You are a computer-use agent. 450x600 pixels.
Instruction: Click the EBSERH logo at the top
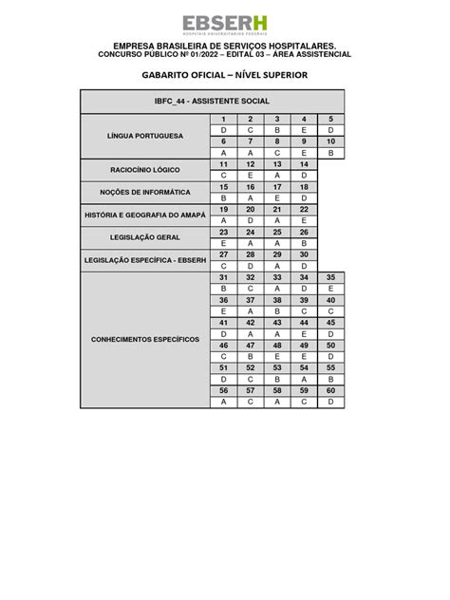(224, 25)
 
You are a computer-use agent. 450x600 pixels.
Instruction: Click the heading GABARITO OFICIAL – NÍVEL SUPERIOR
(224, 74)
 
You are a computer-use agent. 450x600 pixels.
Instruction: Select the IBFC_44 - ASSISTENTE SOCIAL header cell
(212, 101)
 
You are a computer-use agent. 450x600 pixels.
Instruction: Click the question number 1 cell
(223, 119)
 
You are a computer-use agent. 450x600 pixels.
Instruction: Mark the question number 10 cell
(330, 141)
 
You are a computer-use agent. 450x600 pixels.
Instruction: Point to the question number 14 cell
(304, 164)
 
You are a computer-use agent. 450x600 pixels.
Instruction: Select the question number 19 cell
(223, 209)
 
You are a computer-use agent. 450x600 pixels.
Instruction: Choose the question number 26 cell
(304, 232)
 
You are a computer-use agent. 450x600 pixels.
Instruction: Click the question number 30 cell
(304, 254)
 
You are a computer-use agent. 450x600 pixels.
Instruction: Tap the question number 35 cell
(330, 277)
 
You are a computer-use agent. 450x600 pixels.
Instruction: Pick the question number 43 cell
(277, 322)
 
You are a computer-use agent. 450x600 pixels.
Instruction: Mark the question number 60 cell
(330, 390)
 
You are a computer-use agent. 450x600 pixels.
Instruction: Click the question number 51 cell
(223, 367)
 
